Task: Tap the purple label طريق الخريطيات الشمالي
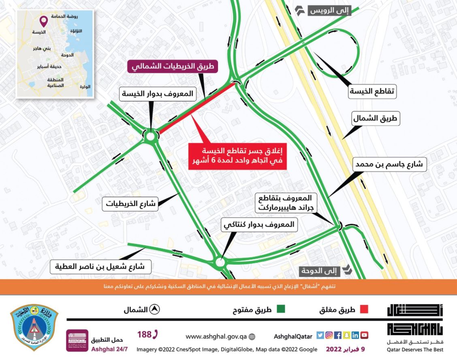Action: [x=173, y=66]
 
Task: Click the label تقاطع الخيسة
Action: [x=372, y=92]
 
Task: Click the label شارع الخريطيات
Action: [x=131, y=204]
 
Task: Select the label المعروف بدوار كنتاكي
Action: [x=259, y=224]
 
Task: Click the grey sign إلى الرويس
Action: [x=329, y=11]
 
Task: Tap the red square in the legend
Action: [x=364, y=309]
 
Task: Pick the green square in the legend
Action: [x=280, y=309]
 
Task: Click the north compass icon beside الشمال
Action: [x=154, y=310]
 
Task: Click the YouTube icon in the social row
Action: [x=365, y=335]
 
